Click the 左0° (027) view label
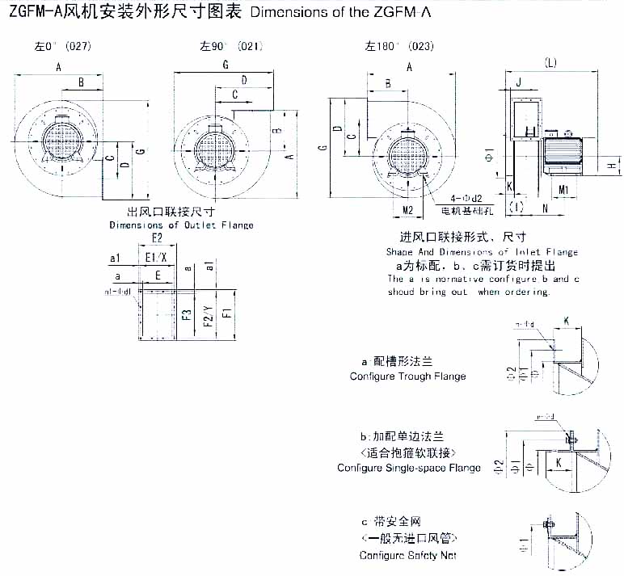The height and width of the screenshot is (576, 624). (63, 46)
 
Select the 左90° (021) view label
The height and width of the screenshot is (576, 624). (232, 46)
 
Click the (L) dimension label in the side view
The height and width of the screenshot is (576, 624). (551, 61)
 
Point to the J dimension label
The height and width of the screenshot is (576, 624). (518, 81)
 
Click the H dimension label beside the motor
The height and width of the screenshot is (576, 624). (611, 166)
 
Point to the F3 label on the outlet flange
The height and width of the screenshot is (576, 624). (186, 313)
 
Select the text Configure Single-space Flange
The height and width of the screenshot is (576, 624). (408, 468)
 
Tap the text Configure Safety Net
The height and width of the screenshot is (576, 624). (407, 555)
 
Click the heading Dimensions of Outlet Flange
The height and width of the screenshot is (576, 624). (181, 225)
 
